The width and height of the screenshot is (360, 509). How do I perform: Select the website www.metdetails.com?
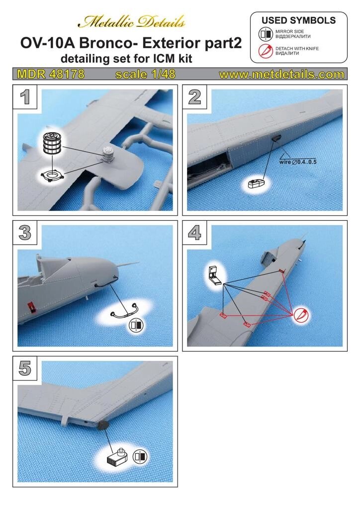click(281, 75)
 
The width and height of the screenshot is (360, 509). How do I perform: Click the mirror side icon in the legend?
click(265, 34)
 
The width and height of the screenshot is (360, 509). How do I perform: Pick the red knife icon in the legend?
click(265, 50)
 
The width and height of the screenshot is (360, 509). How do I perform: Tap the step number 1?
click(25, 96)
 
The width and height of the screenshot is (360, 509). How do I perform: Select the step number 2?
click(194, 96)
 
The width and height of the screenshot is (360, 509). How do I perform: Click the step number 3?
click(25, 232)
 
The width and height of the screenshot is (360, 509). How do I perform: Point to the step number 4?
click(194, 232)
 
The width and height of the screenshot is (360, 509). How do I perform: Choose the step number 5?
click(25, 367)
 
